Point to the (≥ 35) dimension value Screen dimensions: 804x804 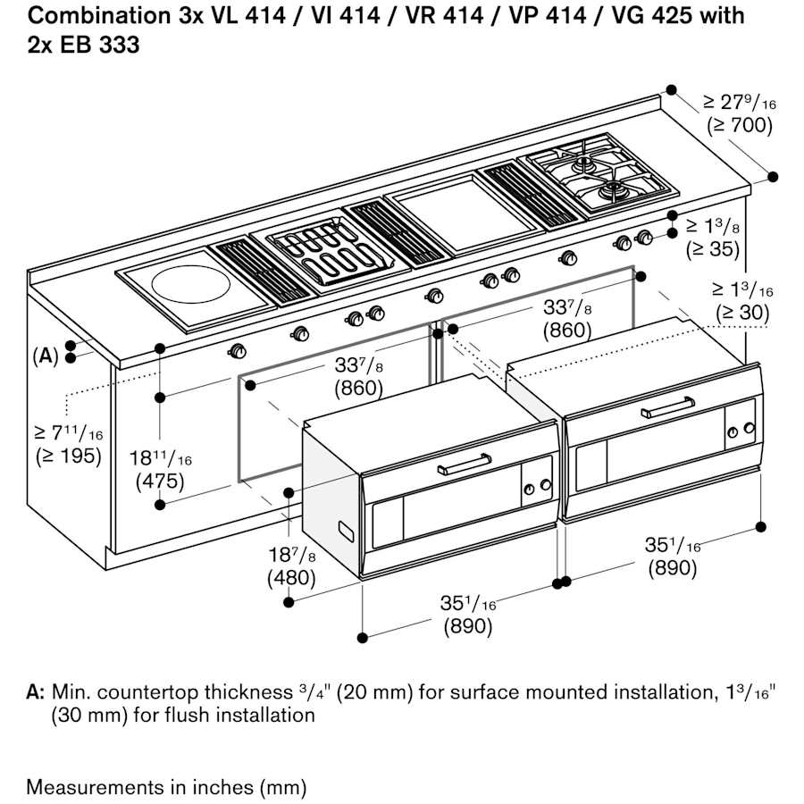coord(712,249)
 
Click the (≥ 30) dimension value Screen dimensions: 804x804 coord(741,312)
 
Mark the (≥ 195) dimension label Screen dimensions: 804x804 coord(68,455)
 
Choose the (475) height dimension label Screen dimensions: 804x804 coord(160,481)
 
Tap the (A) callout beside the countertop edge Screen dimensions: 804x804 coord(45,355)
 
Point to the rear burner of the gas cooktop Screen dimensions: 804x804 coord(585,162)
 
